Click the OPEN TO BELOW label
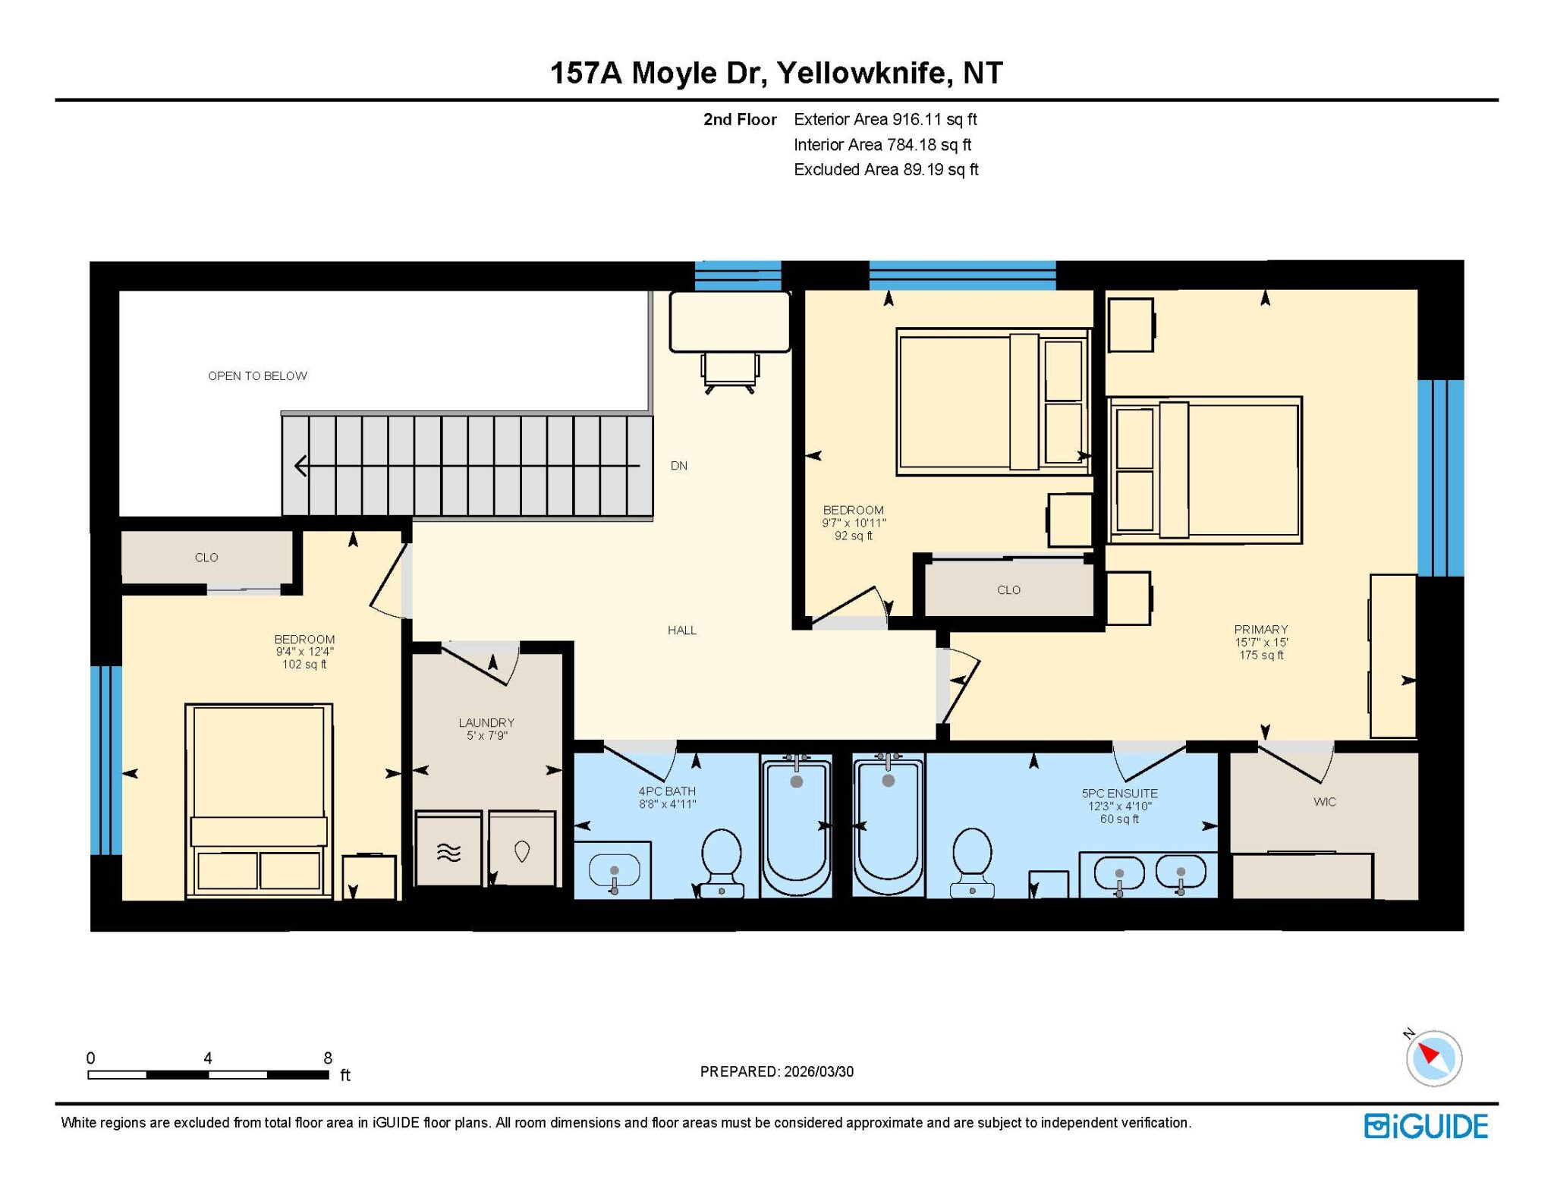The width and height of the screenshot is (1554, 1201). tap(257, 376)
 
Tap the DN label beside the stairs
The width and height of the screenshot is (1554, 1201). tap(678, 466)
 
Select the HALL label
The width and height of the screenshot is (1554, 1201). tap(681, 630)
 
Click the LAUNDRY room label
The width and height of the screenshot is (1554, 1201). tap(486, 722)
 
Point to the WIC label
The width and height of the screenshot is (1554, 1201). tap(1324, 802)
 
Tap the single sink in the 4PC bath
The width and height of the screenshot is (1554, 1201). tap(613, 870)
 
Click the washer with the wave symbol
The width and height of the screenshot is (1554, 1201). tap(448, 848)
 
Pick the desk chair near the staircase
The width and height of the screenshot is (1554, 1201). tap(730, 372)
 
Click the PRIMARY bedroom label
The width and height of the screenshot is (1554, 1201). tap(1260, 629)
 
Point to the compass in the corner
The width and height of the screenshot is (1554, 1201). tap(1433, 1058)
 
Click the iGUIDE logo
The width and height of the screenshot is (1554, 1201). tap(1426, 1126)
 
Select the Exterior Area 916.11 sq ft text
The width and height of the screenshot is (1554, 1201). tap(885, 119)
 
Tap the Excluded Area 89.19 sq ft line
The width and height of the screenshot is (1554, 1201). tap(886, 169)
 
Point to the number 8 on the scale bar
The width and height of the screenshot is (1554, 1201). tap(328, 1058)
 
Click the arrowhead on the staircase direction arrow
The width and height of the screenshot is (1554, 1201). tap(301, 466)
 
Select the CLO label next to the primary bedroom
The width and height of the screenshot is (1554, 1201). tap(1008, 589)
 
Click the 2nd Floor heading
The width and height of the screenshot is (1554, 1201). tap(740, 119)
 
